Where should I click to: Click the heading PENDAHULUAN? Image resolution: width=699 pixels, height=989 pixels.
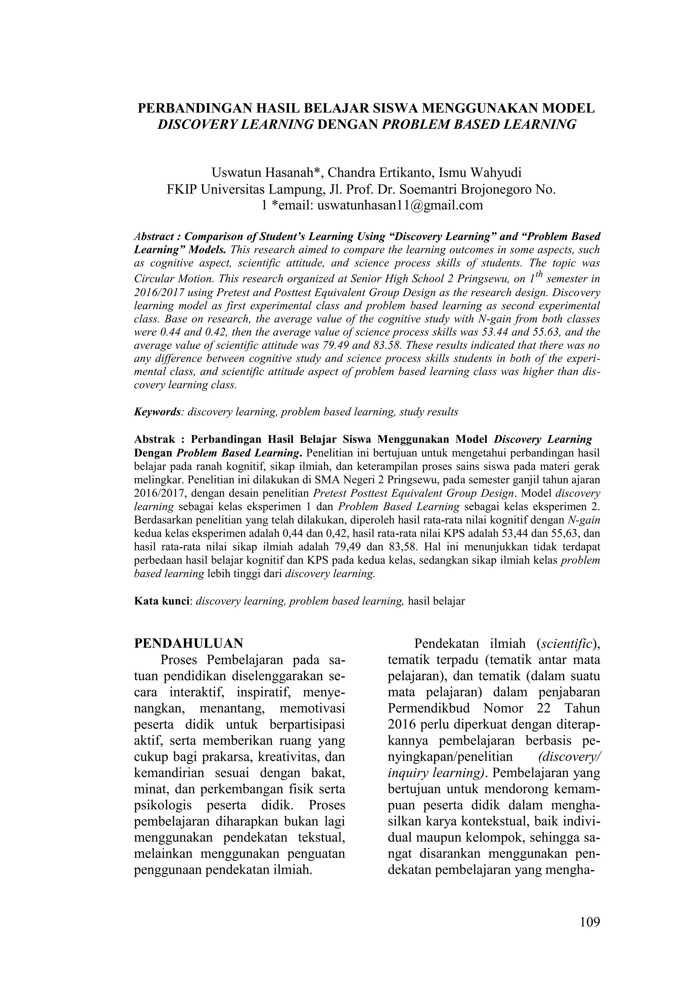click(x=189, y=643)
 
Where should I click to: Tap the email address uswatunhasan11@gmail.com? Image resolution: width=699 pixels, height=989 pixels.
click(x=400, y=205)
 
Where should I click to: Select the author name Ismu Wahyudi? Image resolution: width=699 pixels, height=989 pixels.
click(x=480, y=173)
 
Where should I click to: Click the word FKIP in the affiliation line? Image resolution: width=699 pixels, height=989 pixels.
click(x=181, y=189)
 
